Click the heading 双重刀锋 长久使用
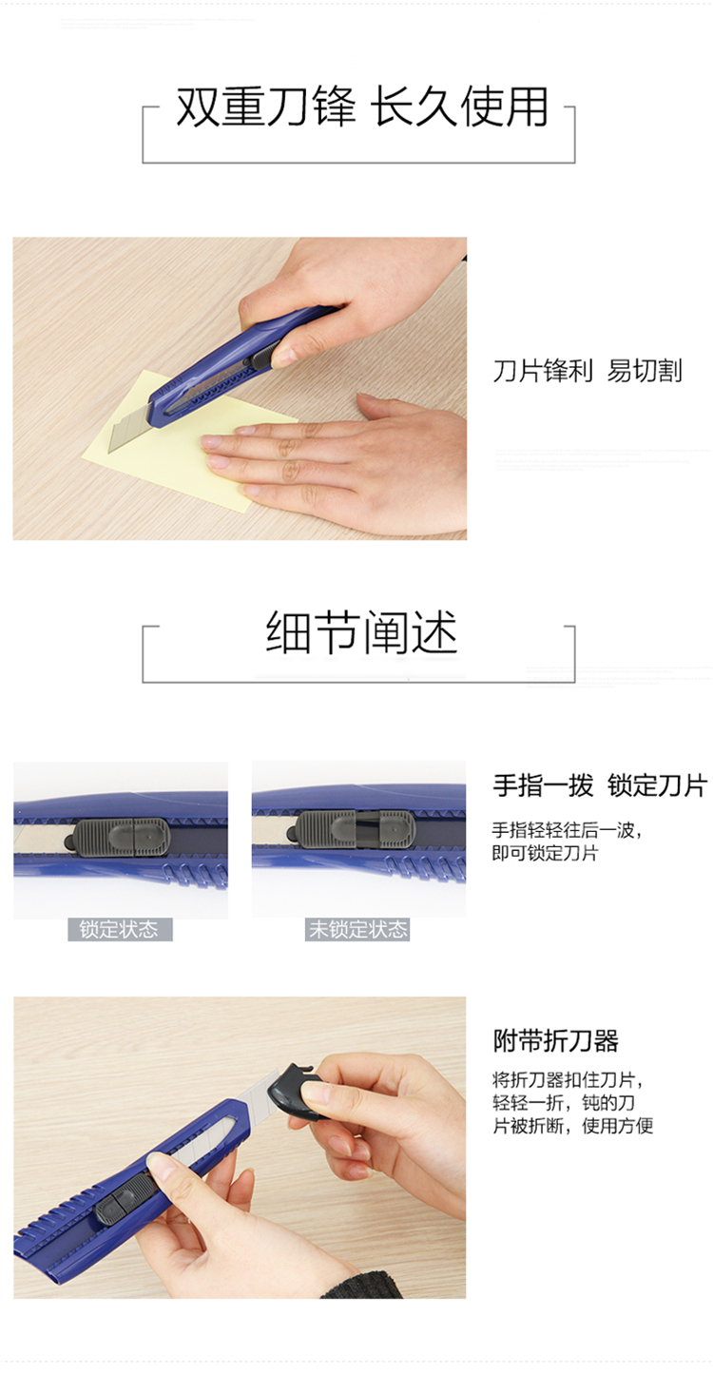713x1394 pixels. pos(361,107)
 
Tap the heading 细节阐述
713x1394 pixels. pos(361,632)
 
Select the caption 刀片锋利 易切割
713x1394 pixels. pos(588,371)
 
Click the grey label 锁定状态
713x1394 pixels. pos(120,930)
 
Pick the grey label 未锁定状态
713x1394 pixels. pos(357,930)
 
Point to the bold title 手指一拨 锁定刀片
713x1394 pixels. pos(601,786)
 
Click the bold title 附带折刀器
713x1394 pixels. pos(555,1040)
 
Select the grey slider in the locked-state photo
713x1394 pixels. pos(119,838)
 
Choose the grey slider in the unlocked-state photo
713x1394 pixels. pos(354,829)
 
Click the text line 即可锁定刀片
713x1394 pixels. pos(545,853)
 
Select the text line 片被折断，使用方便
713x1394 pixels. pos(573,1125)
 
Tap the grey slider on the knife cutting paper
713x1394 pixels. pos(260,359)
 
